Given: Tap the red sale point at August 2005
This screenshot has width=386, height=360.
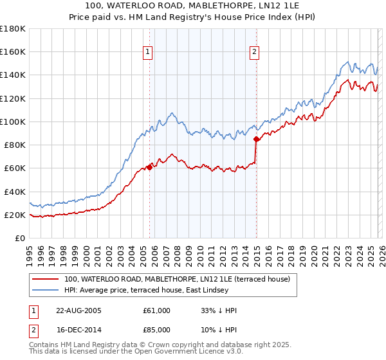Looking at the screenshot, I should pyautogui.click(x=149, y=167).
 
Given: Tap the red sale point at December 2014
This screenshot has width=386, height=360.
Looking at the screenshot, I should pyautogui.click(x=256, y=139).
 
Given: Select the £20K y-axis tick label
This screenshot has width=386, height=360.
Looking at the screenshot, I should pyautogui.click(x=14, y=215).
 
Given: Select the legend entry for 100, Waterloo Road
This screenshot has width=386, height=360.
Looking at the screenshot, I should pyautogui.click(x=178, y=279).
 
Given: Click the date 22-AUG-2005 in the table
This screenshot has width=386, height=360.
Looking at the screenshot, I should pyautogui.click(x=79, y=310).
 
